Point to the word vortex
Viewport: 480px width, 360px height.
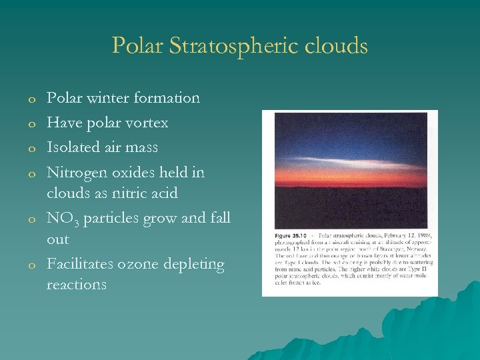click(x=148, y=123)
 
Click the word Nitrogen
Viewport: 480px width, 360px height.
click(x=77, y=173)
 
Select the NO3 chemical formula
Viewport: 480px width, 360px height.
click(x=61, y=219)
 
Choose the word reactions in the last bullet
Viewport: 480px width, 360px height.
click(x=76, y=285)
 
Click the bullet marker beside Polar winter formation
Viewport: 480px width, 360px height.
click(x=31, y=99)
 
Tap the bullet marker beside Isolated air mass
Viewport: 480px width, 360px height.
click(x=31, y=148)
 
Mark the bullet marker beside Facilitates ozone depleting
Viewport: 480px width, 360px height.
click(x=31, y=265)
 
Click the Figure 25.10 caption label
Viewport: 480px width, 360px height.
click(x=290, y=236)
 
